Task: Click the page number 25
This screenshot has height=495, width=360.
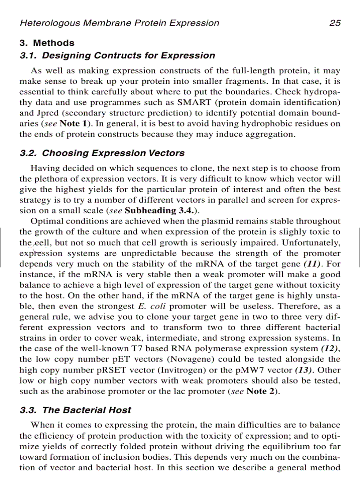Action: point(334,23)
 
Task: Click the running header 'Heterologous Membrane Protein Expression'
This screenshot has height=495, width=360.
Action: point(119,23)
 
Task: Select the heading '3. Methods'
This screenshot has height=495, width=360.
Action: point(47,43)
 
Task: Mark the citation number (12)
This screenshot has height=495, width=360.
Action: point(329,348)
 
